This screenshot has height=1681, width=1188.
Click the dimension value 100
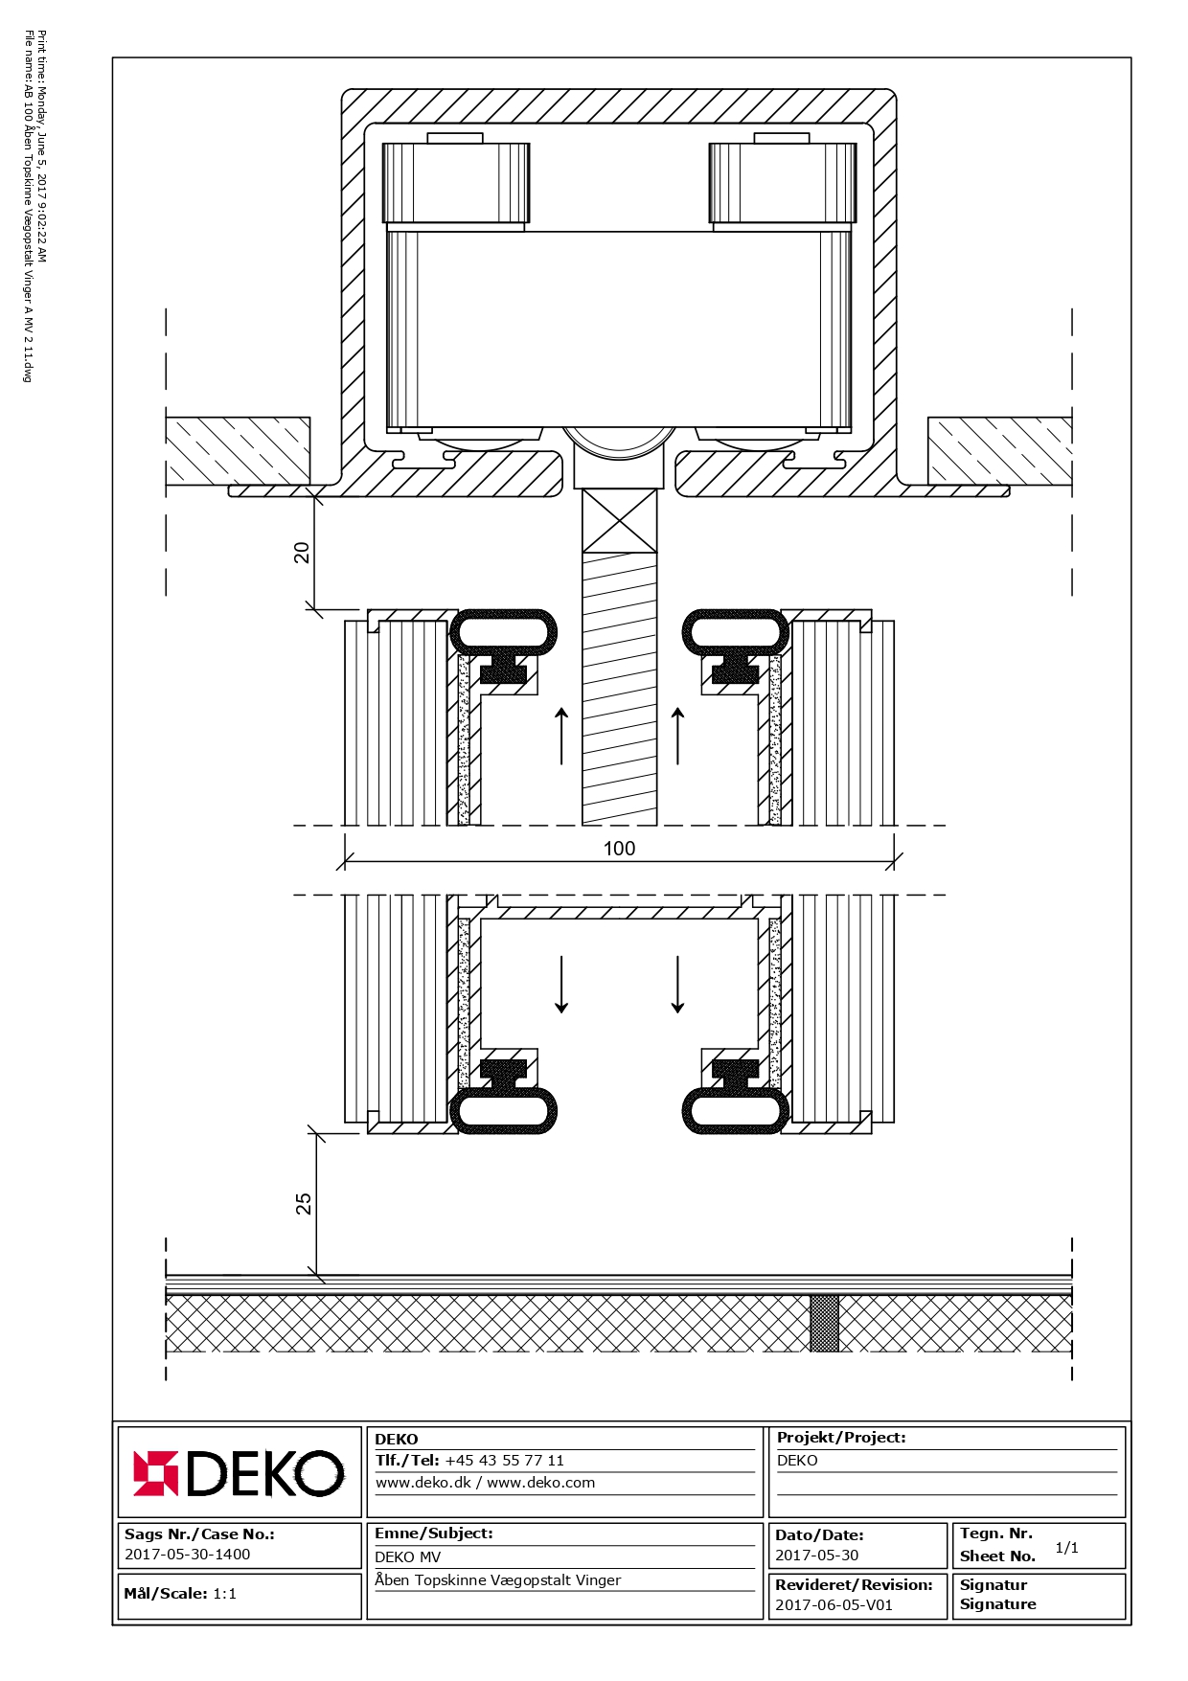(619, 849)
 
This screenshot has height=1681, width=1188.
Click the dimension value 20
(302, 553)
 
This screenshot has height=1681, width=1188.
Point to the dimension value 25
(304, 1204)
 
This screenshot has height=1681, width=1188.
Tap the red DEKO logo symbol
(155, 1473)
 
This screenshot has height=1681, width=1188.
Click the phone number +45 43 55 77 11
(505, 1461)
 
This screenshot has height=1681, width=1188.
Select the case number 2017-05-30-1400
(188, 1555)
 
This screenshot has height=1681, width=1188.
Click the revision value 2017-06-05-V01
(834, 1605)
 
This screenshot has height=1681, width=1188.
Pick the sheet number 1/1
(1066, 1548)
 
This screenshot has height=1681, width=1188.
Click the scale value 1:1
(224, 1594)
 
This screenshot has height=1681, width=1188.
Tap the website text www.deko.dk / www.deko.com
(485, 1483)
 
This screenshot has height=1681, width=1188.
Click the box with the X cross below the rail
(620, 521)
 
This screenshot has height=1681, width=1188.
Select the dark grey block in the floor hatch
(824, 1324)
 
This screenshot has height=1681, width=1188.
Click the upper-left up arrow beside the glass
(562, 736)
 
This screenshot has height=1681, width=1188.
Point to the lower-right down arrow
(677, 984)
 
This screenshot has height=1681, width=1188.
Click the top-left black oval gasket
(504, 632)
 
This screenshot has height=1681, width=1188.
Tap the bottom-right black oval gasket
(736, 1111)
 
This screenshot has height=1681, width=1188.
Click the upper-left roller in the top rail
(456, 182)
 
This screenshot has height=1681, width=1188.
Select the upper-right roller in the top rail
(783, 182)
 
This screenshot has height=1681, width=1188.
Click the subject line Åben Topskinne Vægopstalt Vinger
(498, 1580)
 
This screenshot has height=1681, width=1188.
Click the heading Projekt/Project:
(841, 1438)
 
